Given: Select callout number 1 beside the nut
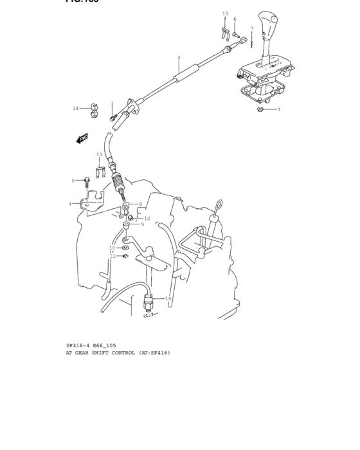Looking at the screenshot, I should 279,110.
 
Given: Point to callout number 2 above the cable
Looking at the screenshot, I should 179,58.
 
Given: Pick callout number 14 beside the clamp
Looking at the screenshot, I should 75,109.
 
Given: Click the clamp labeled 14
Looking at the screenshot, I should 92,108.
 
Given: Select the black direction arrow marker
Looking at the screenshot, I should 82,138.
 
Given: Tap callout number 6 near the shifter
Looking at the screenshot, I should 235,19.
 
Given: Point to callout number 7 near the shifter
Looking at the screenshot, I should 252,28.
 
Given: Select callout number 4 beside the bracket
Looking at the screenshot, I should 70,204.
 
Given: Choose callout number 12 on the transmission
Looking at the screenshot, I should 147,219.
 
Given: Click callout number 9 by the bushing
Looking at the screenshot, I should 142,224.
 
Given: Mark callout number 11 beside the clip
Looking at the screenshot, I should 113,256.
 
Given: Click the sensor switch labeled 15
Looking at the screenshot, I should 149,299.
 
